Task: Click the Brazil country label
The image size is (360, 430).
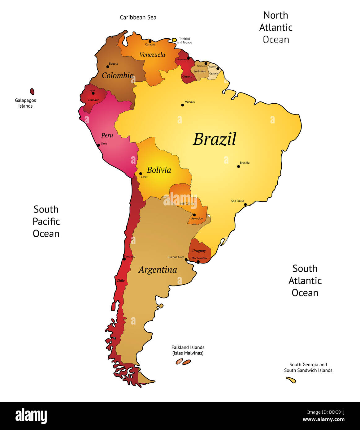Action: pyautogui.click(x=215, y=139)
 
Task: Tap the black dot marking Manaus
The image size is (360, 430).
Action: pyautogui.click(x=182, y=105)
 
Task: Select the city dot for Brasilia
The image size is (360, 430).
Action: pyautogui.click(x=238, y=166)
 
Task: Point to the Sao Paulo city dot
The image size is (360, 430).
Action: pyautogui.click(x=245, y=204)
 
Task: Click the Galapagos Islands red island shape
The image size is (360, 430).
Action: pyautogui.click(x=32, y=92)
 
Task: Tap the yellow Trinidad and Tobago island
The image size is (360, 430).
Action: pyautogui.click(x=174, y=40)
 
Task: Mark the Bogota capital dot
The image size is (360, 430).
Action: pyautogui.click(x=108, y=67)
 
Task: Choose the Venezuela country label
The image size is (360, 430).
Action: pyautogui.click(x=152, y=55)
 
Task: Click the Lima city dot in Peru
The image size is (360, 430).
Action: pyautogui.click(x=98, y=145)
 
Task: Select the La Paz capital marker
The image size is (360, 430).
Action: pyautogui.click(x=141, y=174)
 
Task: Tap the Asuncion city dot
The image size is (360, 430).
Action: pyautogui.click(x=194, y=215)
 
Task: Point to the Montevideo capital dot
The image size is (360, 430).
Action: pyautogui.click(x=198, y=262)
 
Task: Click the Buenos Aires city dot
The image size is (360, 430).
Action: pyautogui.click(x=186, y=260)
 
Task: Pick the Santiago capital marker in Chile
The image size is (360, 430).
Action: pyautogui.click(x=124, y=259)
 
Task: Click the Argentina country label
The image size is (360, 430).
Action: pyautogui.click(x=158, y=270)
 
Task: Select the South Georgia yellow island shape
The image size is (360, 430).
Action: pyautogui.click(x=291, y=380)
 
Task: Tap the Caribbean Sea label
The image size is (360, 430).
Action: pyautogui.click(x=138, y=17)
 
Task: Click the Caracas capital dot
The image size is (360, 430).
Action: pyautogui.click(x=150, y=41)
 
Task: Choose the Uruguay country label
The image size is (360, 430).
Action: pyautogui.click(x=199, y=251)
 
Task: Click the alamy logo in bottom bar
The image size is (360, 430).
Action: pyautogui.click(x=31, y=416)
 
